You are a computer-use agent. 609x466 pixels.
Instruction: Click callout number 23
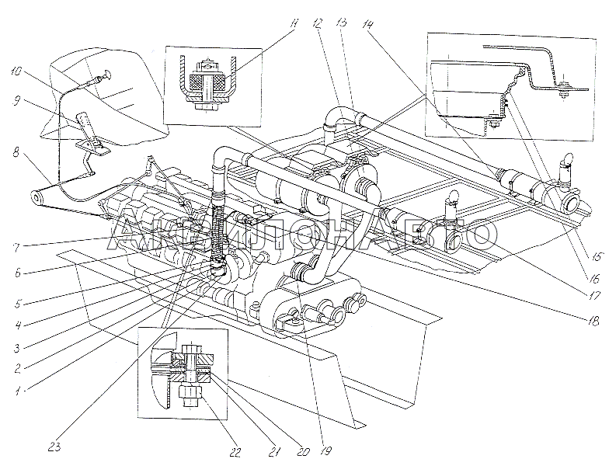[54, 447]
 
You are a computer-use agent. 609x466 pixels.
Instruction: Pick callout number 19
[325, 450]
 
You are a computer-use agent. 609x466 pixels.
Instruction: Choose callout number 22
[236, 452]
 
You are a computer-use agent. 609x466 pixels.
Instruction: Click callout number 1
[17, 391]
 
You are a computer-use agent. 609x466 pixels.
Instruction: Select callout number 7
[17, 247]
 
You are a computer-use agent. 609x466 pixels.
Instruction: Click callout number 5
[17, 303]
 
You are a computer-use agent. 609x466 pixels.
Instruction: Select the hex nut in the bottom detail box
[190, 395]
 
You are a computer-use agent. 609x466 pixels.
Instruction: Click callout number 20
[303, 451]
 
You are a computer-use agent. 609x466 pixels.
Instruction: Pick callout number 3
[16, 348]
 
